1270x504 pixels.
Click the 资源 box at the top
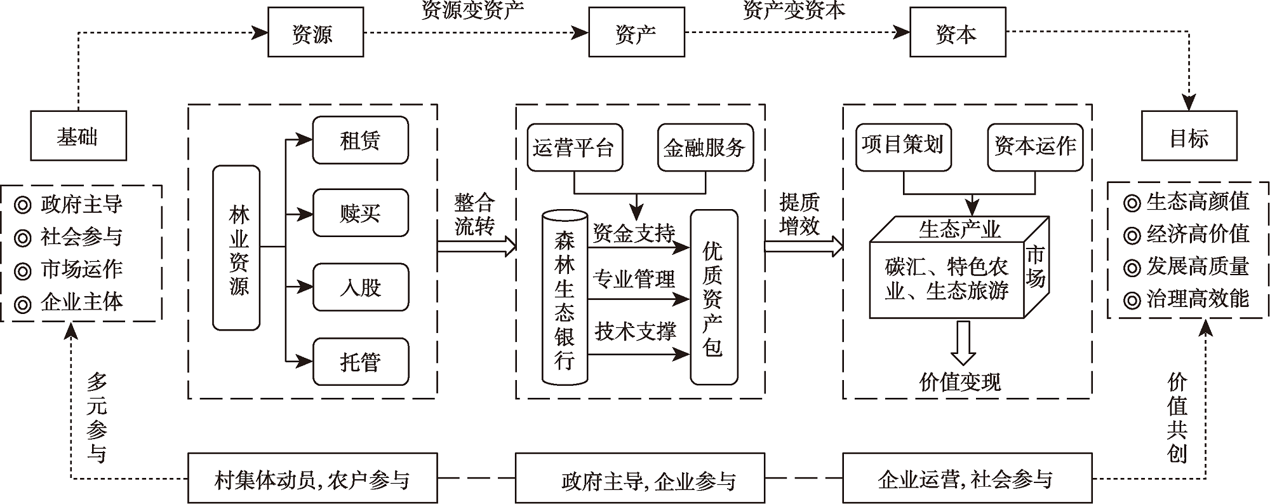click(x=315, y=32)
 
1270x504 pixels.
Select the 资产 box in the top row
click(x=636, y=32)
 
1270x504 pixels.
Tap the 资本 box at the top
click(x=958, y=32)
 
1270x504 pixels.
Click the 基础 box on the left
click(x=78, y=135)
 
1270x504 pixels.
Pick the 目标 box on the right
click(x=1189, y=135)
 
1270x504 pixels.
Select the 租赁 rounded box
click(x=360, y=140)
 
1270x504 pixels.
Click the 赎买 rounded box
click(x=360, y=213)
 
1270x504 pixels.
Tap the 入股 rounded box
click(x=360, y=287)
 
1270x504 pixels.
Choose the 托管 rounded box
click(x=360, y=362)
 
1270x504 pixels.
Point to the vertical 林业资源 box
click(x=236, y=248)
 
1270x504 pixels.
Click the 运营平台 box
click(x=574, y=147)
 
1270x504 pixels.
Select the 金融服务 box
click(x=705, y=147)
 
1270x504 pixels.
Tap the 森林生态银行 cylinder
click(x=565, y=297)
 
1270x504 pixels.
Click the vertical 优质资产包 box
click(x=714, y=297)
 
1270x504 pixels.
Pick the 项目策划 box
click(x=903, y=146)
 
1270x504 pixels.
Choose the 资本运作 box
click(x=1035, y=146)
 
